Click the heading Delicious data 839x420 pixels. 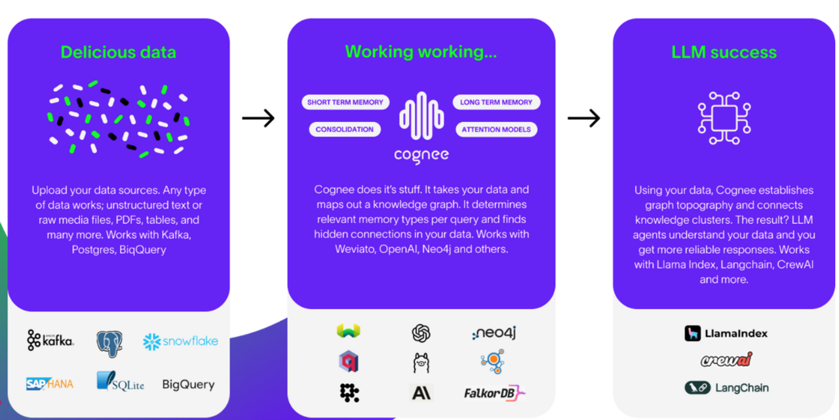pos(119,52)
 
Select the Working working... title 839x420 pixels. pos(421,52)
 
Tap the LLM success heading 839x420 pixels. pos(724,52)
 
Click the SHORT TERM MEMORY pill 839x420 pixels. pos(345,102)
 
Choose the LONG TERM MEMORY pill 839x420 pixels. pos(496,102)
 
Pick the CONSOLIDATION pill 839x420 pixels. pos(345,129)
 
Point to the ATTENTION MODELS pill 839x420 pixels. pos(496,129)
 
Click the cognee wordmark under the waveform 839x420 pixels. pos(421,155)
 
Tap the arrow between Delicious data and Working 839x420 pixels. pos(258,118)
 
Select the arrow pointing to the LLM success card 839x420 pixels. pos(583,118)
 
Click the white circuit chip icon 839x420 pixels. pos(724,118)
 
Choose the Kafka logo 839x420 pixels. pos(50,340)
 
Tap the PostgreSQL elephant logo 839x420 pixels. pos(109,343)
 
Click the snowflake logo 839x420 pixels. pos(180,341)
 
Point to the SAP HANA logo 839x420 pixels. pos(50,384)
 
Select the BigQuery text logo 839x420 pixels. pos(188,385)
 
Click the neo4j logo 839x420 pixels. pos(494,333)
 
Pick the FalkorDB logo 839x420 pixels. pos(495,393)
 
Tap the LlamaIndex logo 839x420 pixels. pos(726,333)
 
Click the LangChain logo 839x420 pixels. pos(726,388)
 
